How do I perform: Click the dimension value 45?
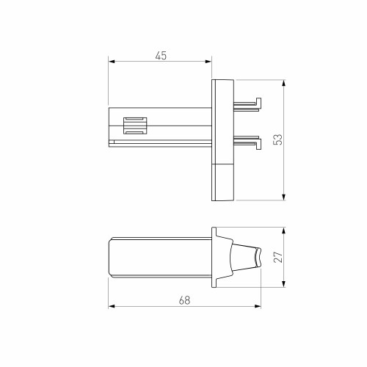[x=159, y=56]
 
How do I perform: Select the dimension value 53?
[x=277, y=139]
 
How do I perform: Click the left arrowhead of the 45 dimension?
[x=111, y=63]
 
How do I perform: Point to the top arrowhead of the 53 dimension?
[x=283, y=82]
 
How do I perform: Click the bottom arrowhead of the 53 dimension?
[x=283, y=196]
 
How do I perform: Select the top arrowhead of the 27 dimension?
[x=283, y=228]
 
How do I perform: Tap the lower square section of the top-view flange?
[x=223, y=182]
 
